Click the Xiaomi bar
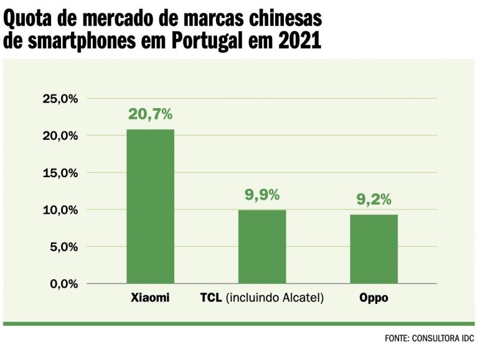[x=150, y=206]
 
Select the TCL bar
[x=262, y=246]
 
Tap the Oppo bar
[x=373, y=249]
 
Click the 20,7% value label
[x=150, y=114]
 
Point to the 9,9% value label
[x=262, y=195]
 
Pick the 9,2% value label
[x=373, y=200]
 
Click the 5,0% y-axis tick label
[x=62, y=247]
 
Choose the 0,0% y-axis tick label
[x=62, y=284]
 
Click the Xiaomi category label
[x=150, y=298]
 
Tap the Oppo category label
[x=373, y=298]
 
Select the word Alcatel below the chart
[x=301, y=298]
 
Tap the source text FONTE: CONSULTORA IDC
[x=429, y=339]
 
